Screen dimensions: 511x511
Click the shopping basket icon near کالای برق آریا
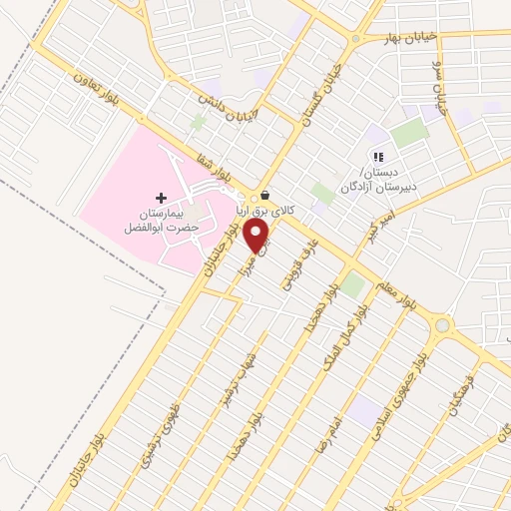pyautogui.click(x=264, y=196)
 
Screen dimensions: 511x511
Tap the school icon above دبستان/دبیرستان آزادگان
pyautogui.click(x=376, y=156)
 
